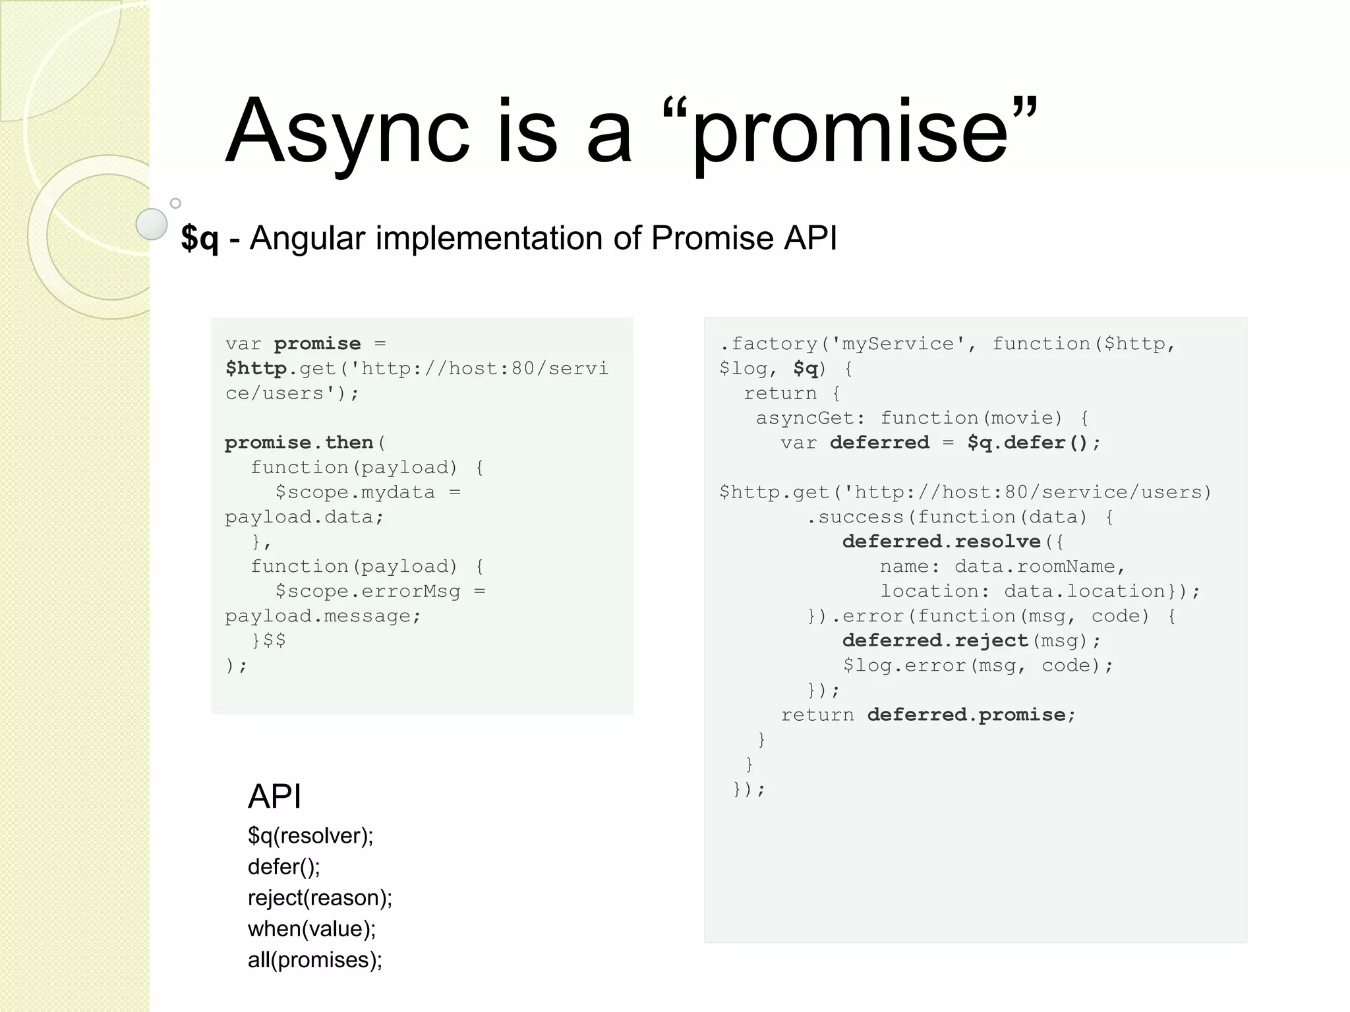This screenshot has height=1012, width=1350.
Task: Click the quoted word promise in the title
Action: pos(850,132)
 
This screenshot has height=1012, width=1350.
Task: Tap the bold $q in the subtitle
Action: pos(199,238)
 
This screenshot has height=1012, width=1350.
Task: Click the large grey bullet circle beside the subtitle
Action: pos(152,224)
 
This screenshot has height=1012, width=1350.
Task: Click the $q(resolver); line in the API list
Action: pos(310,835)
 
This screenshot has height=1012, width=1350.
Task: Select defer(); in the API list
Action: pos(283,866)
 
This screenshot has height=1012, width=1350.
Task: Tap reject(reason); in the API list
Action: pos(320,897)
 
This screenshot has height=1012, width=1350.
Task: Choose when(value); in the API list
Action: pos(312,928)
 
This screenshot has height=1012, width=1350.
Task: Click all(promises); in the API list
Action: pos(315,959)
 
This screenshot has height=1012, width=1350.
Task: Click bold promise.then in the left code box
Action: pos(299,442)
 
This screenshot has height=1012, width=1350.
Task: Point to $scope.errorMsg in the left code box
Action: pos(368,591)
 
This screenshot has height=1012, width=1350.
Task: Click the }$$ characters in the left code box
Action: pos(268,640)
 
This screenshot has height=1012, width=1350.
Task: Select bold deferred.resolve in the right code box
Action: pos(941,542)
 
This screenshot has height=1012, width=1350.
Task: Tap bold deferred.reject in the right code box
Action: pos(935,640)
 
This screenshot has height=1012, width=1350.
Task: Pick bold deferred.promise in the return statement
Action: pos(966,715)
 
